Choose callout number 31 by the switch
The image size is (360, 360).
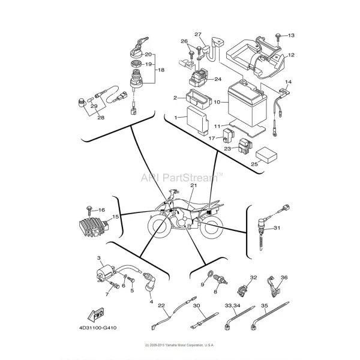(277, 228)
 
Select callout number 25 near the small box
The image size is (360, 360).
(254, 163)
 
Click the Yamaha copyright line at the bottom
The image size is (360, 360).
(180, 346)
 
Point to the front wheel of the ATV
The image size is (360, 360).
(160, 228)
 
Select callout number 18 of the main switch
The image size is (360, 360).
(160, 70)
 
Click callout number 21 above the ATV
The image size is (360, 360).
(193, 186)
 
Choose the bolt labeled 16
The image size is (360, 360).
(88, 209)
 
